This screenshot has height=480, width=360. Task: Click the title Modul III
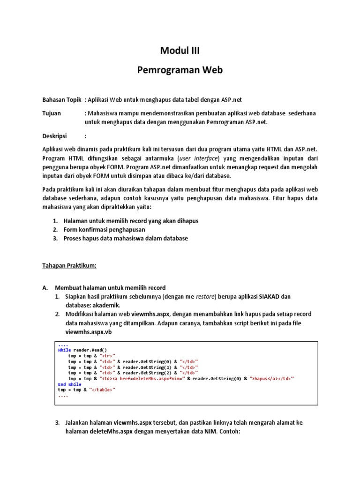click(x=180, y=51)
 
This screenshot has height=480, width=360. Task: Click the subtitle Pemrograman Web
click(x=180, y=70)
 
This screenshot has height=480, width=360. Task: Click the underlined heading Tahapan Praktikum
click(x=70, y=265)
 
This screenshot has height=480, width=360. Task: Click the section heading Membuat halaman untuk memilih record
click(x=110, y=288)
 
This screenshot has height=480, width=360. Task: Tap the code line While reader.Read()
click(x=82, y=350)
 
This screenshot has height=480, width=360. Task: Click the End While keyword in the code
click(x=69, y=384)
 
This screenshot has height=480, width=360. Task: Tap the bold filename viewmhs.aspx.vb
click(x=89, y=331)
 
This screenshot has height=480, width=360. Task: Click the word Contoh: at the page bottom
click(x=228, y=431)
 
